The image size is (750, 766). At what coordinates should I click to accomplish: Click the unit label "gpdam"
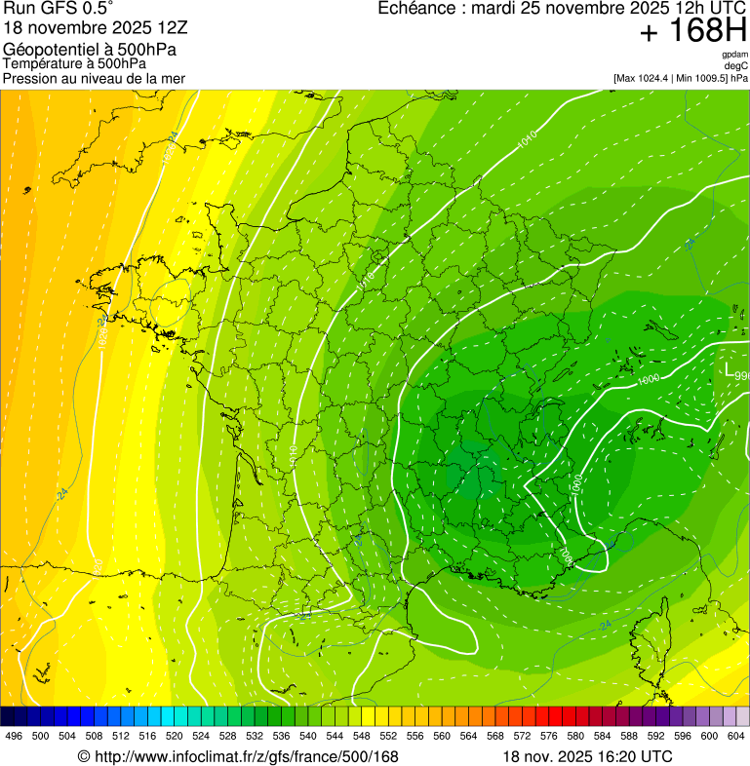coord(734,55)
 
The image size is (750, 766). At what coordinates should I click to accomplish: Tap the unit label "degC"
coord(736,65)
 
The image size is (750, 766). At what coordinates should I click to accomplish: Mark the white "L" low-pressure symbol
coord(728,370)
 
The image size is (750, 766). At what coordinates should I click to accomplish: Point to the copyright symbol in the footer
coord(84,756)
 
